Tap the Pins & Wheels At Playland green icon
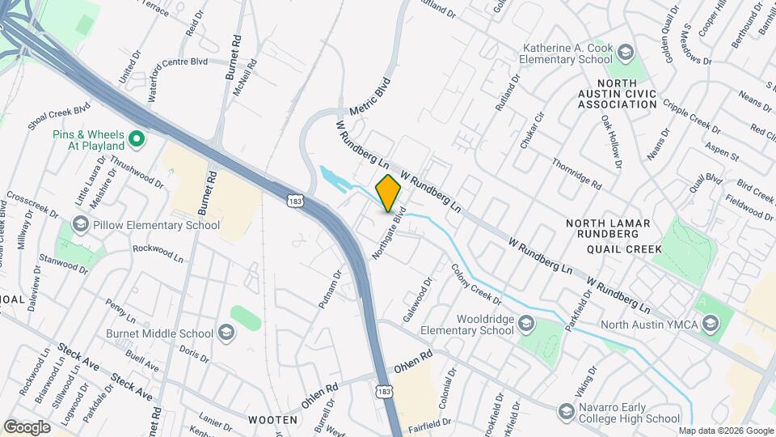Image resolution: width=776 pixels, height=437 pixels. click(137, 139)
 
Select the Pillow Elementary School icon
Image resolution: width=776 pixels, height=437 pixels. click(80, 224)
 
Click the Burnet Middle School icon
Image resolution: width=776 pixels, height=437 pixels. click(226, 333)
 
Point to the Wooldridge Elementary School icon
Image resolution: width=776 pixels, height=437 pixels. click(527, 324)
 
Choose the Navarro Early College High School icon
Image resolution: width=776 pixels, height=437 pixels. click(566, 413)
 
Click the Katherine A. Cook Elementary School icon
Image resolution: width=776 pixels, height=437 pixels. click(625, 53)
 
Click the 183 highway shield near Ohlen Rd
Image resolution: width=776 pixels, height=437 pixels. click(383, 391)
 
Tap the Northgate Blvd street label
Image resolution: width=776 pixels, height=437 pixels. click(389, 235)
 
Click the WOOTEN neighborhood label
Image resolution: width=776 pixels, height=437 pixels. click(272, 420)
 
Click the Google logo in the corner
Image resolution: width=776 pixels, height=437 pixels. click(27, 426)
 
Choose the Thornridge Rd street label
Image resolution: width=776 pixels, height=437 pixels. click(576, 173)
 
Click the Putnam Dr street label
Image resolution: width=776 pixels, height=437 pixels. click(330, 290)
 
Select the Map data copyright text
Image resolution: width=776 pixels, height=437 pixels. click(725, 431)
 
